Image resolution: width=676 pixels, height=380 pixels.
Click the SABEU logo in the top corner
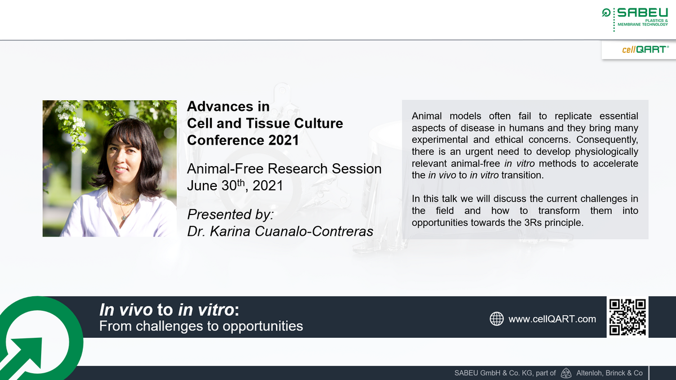634,17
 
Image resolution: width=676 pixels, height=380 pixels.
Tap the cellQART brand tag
645,50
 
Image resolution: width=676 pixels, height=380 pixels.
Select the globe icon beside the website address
496,319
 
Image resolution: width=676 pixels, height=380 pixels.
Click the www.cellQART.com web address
552,319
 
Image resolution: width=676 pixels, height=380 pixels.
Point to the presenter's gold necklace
123,200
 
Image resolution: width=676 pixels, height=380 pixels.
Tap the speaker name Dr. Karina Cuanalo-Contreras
279,232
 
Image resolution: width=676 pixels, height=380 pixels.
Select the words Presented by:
230,214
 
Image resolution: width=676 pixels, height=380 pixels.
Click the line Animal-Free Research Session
284,169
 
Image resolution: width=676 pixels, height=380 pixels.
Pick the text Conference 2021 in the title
243,140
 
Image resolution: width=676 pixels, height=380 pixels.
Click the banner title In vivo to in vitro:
169,310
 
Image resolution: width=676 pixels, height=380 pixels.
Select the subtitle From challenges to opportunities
201,326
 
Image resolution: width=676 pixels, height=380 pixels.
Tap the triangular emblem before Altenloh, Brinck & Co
567,373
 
